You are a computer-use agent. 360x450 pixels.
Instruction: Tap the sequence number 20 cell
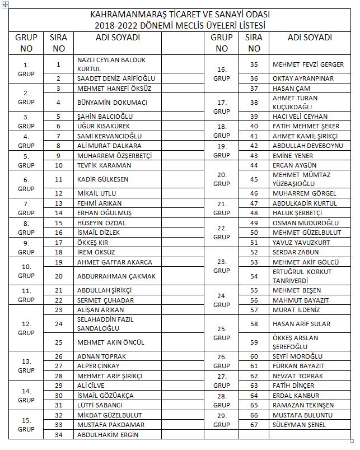tap(58, 276)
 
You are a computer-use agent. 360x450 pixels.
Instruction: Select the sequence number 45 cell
tap(254, 179)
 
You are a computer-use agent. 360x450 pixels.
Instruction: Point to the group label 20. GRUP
tap(222, 179)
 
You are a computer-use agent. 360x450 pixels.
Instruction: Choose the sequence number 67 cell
tap(254, 424)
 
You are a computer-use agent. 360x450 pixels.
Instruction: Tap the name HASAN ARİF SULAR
tap(301, 324)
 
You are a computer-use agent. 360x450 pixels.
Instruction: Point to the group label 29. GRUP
tap(222, 420)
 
